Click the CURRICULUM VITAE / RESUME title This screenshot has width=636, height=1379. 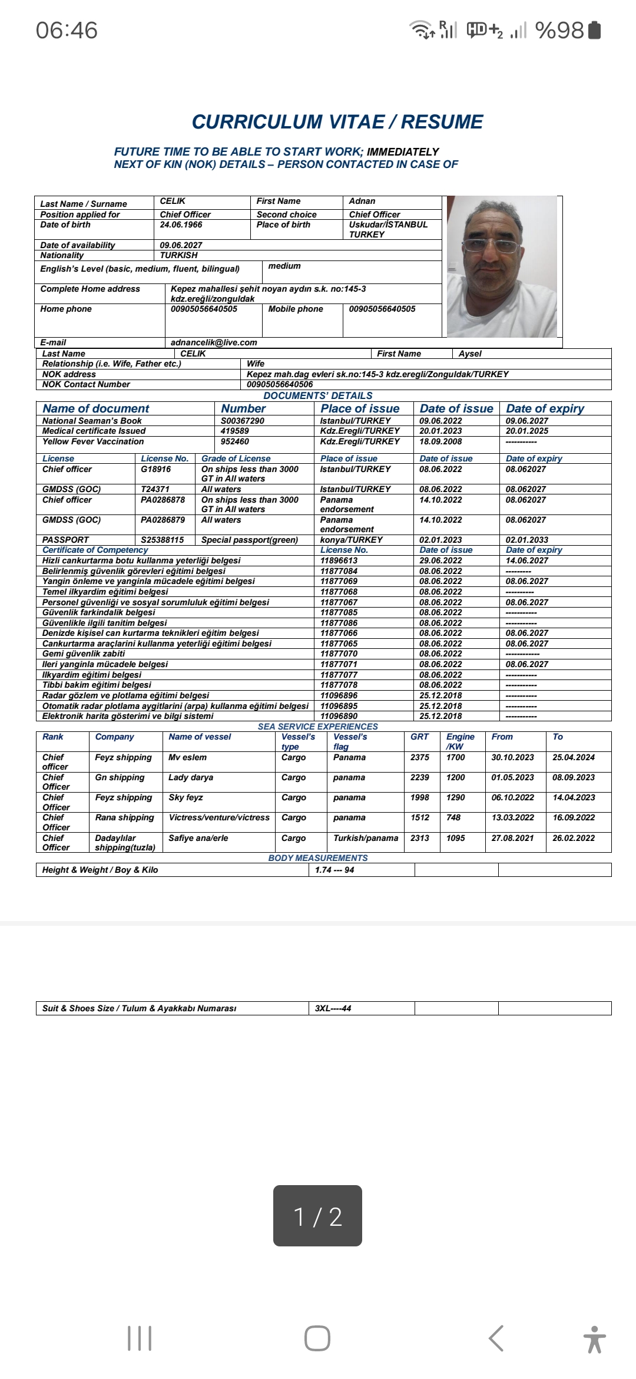(337, 122)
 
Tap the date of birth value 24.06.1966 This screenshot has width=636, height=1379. (181, 225)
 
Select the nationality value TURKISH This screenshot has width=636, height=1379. (178, 255)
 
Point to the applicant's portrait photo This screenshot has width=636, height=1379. (502, 266)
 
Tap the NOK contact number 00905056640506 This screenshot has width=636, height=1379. (280, 384)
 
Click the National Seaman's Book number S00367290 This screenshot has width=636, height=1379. (242, 421)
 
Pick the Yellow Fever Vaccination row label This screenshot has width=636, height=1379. (93, 441)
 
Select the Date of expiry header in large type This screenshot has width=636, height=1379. (545, 408)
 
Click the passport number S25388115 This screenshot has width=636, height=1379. (162, 540)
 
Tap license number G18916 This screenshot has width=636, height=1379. (155, 469)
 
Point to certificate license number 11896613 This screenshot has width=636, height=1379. (339, 560)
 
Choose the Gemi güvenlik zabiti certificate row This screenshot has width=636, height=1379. (84, 654)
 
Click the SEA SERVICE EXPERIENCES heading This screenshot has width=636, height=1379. (317, 727)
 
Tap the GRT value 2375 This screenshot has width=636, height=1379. (420, 757)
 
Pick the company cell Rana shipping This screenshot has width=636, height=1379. (124, 817)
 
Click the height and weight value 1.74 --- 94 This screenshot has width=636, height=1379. (334, 870)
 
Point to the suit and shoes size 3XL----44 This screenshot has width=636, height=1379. (333, 1008)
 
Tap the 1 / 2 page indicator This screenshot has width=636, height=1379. (317, 1216)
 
